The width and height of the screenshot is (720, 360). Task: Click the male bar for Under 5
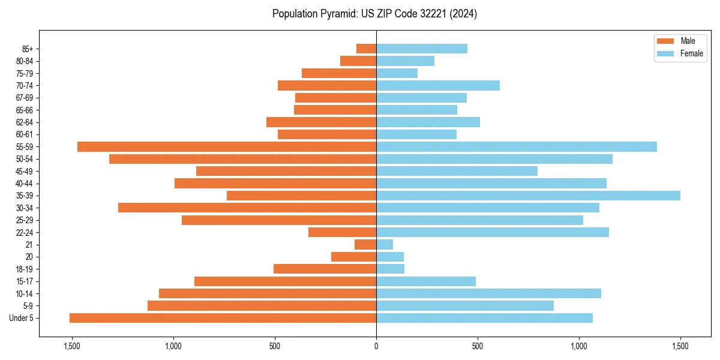pos(223,318)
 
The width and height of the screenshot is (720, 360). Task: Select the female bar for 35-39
pos(528,196)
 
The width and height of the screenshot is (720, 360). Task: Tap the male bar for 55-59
pos(227,147)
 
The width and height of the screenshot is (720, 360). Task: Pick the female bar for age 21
pos(385,245)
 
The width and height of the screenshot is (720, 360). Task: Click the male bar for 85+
pos(366,49)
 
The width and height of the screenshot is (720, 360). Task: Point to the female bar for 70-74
pos(438,86)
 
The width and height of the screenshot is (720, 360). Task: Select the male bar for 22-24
pos(342,232)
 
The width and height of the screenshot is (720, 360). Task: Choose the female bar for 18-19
pos(390,269)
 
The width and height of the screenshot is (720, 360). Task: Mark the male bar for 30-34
pos(247,208)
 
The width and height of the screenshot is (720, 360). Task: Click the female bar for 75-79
pos(397,73)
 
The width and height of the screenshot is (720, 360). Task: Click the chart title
pos(374,14)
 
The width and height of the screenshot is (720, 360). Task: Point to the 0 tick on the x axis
pos(376,346)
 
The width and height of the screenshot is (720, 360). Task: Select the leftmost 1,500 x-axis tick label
pos(72,346)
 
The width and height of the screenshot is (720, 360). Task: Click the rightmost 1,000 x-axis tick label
pos(579,346)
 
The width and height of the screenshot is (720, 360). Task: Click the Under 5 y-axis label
pos(21,318)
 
